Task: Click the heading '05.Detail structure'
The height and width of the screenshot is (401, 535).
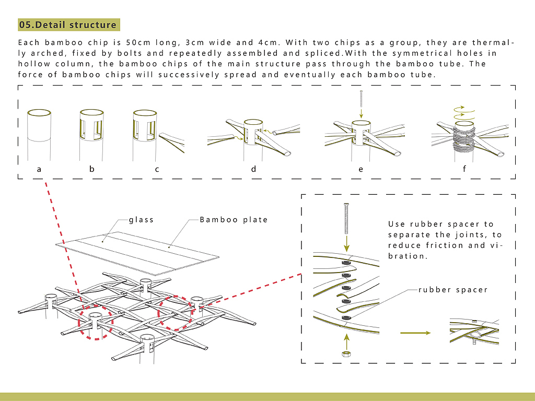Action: tap(68, 25)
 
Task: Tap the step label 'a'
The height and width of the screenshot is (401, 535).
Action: tap(39, 169)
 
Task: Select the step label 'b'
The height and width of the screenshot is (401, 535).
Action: tap(92, 169)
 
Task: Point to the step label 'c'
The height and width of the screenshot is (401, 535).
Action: tap(157, 169)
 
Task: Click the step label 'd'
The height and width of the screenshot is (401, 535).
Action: tap(253, 169)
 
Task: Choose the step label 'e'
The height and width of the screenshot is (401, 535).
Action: tap(360, 169)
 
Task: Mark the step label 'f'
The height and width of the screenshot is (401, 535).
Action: tap(464, 169)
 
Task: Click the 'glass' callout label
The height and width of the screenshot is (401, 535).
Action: tap(141, 220)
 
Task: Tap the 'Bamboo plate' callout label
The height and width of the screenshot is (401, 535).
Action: tap(234, 220)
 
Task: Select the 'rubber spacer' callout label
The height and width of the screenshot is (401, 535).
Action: tap(453, 290)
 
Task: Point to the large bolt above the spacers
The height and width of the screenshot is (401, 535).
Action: tap(346, 218)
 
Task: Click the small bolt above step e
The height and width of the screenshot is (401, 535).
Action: tap(361, 99)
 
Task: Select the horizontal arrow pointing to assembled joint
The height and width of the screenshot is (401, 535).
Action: tap(415, 333)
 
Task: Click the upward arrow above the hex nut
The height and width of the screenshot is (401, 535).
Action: tap(347, 341)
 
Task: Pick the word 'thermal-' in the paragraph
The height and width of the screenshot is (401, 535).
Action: tap(493, 43)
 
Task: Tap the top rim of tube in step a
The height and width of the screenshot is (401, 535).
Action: tap(39, 113)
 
